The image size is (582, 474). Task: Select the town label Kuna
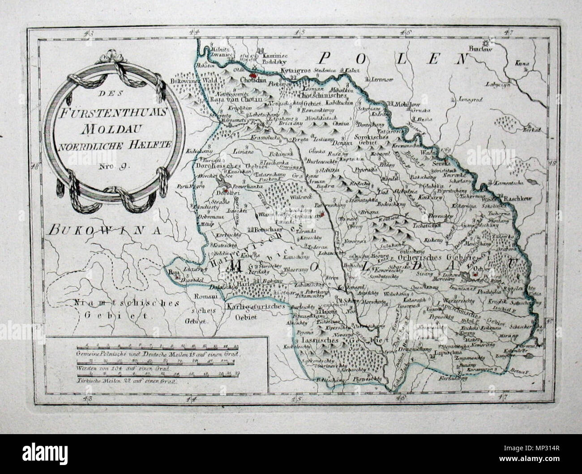point(522,64)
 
